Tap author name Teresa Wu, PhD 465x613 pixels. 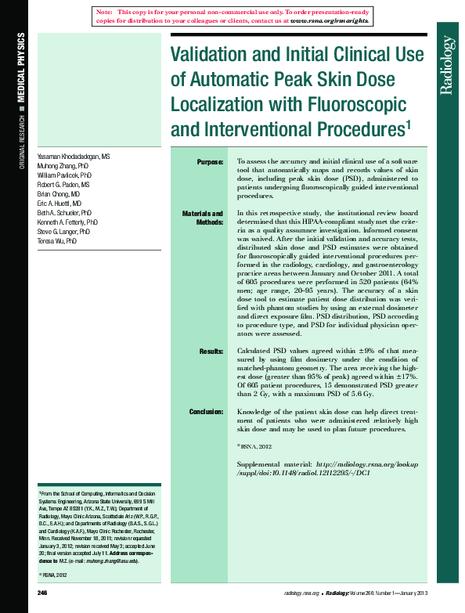(57, 242)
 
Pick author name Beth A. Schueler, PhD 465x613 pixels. (65, 213)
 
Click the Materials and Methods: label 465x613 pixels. (202, 218)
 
